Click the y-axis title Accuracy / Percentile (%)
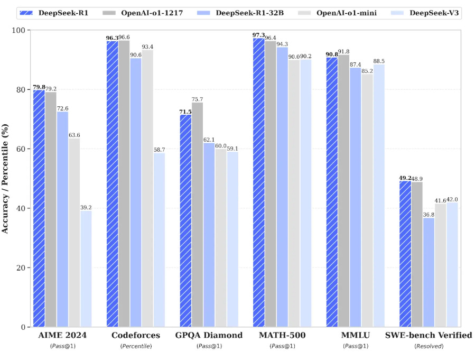[6, 179]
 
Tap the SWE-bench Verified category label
[429, 336]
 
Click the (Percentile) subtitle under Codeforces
[136, 346]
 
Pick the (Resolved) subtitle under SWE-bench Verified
[429, 346]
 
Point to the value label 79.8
[39, 87]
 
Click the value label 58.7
[159, 150]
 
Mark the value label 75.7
[198, 99]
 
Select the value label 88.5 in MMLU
[379, 61]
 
